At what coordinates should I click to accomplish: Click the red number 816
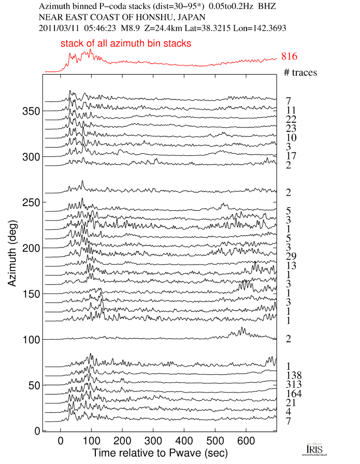pyautogui.click(x=290, y=56)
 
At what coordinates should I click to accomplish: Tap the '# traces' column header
pyautogui.click(x=300, y=72)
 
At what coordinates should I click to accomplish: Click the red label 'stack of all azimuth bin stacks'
pyautogui.click(x=126, y=44)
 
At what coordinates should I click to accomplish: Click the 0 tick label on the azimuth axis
pyautogui.click(x=37, y=430)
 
